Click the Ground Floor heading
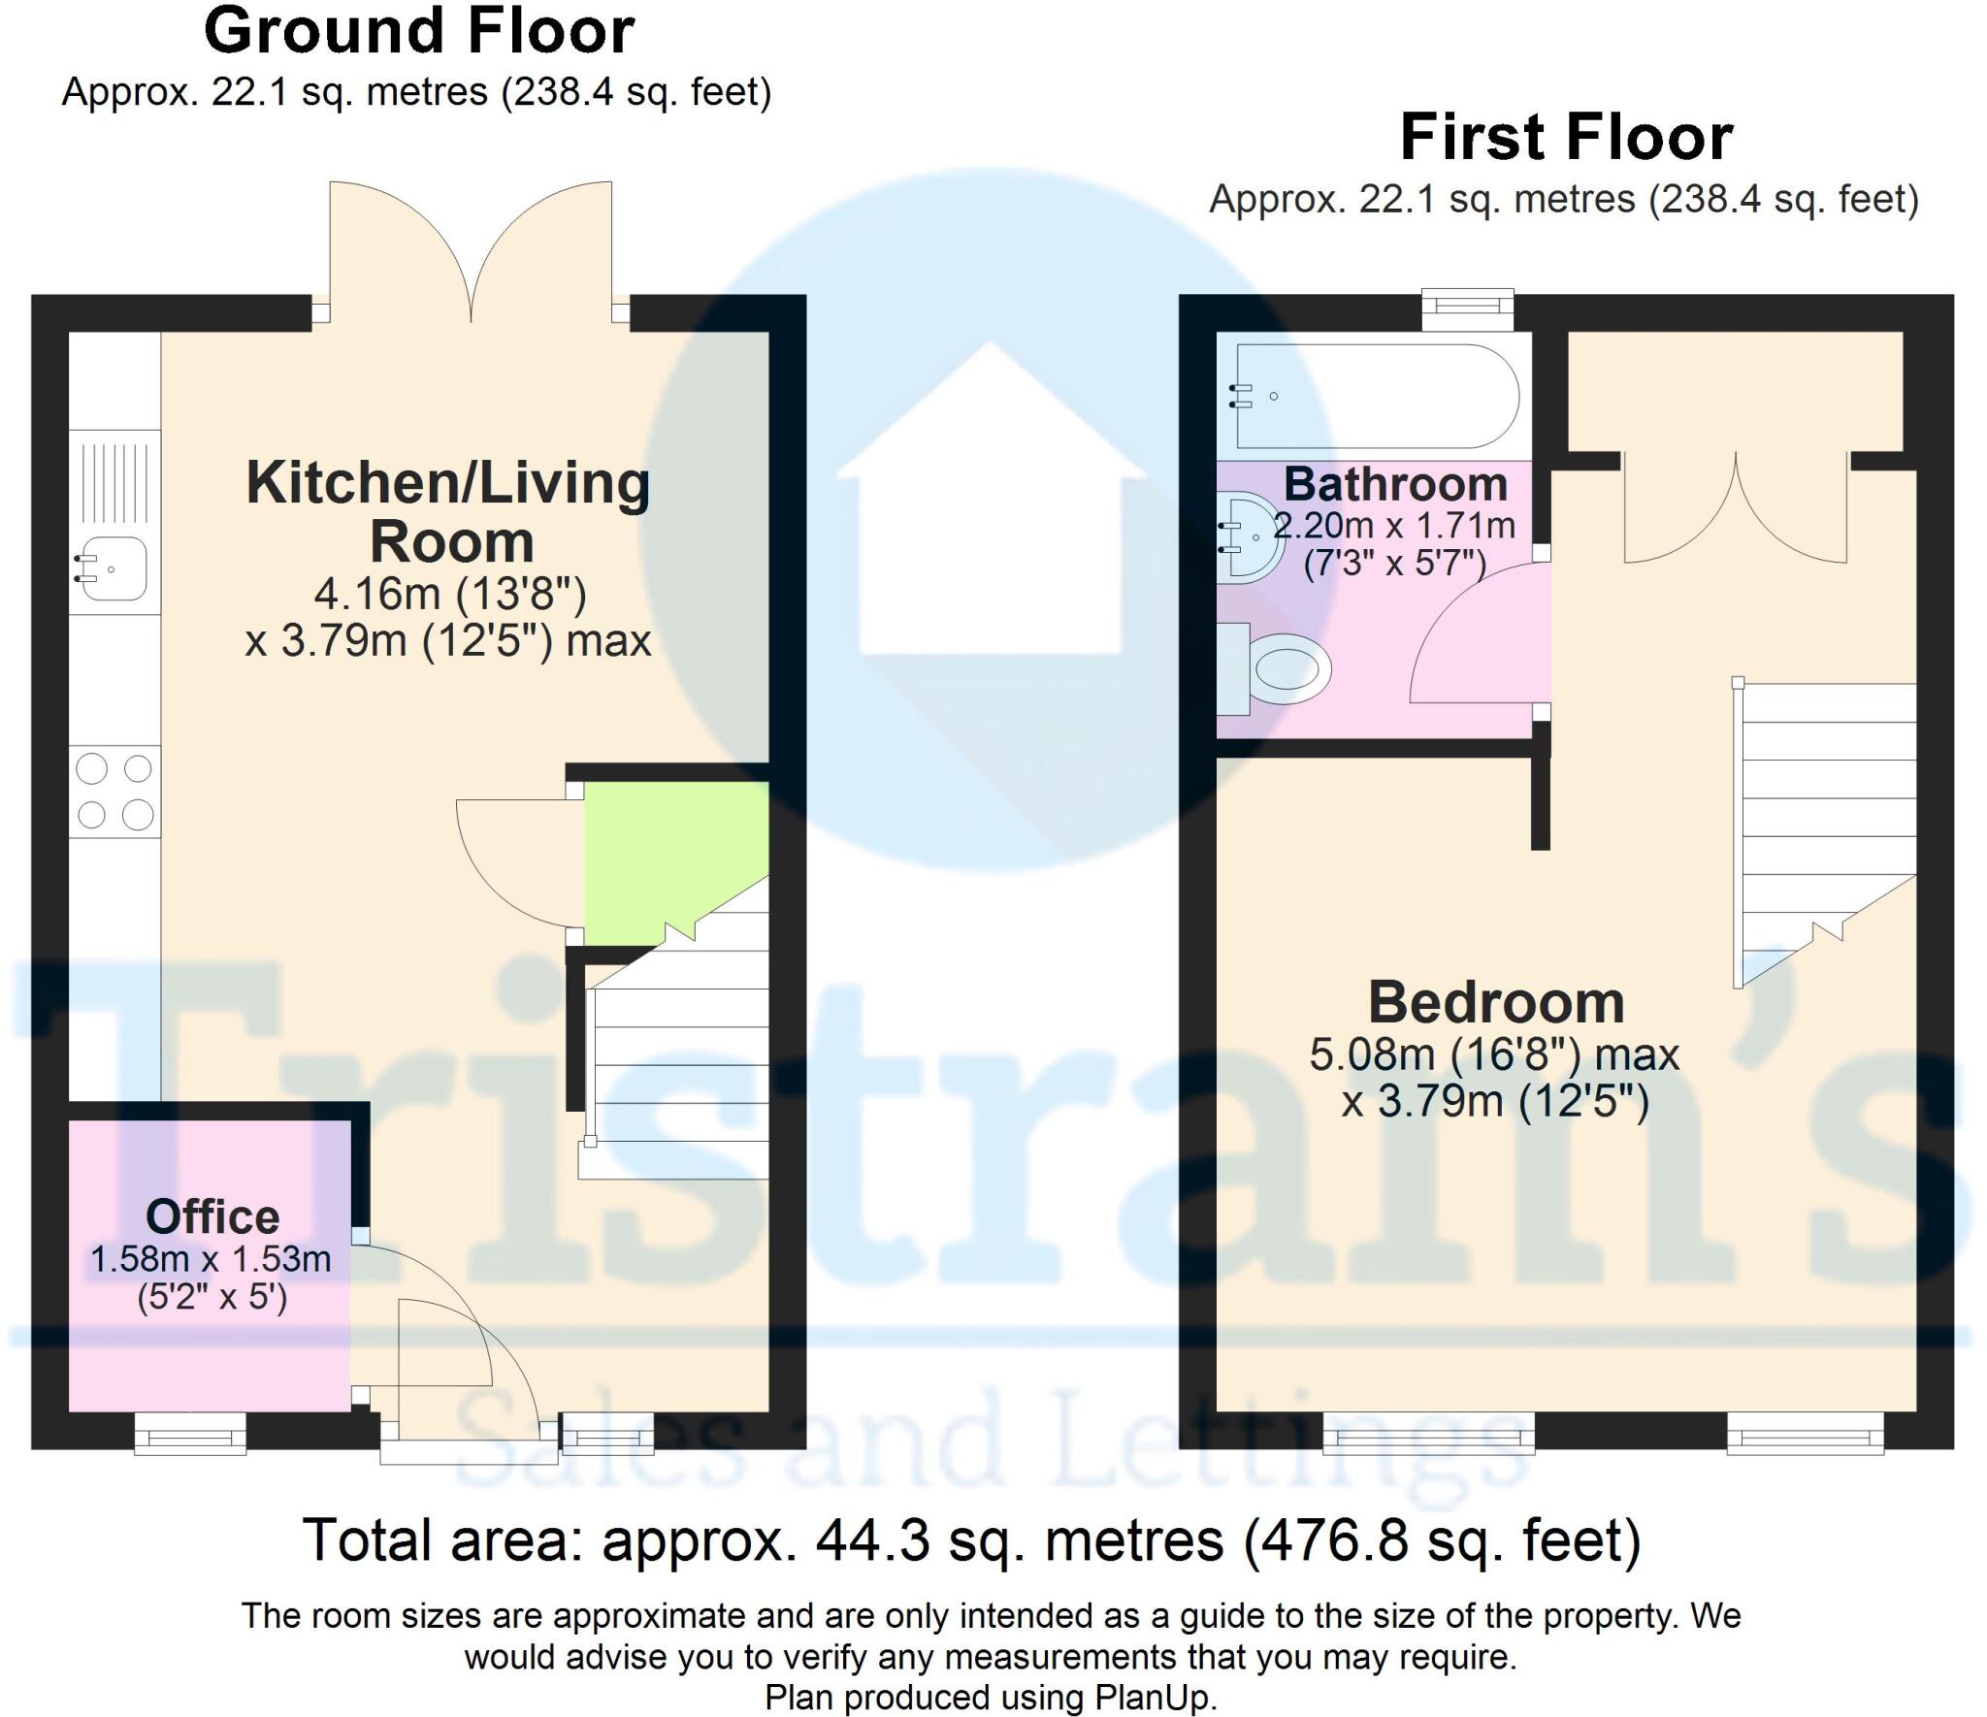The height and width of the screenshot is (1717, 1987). click(419, 31)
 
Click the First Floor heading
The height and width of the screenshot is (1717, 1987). click(1566, 138)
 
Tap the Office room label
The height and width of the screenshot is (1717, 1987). click(212, 1216)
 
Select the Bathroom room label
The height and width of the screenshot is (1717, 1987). click(1395, 484)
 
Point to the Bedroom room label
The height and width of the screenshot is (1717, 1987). click(1495, 1002)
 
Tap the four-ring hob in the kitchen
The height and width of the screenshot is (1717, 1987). click(114, 793)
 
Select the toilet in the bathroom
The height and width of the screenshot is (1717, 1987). click(1281, 668)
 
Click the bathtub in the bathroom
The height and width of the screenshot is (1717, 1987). click(1373, 396)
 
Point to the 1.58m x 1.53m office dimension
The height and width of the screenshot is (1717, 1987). click(211, 1259)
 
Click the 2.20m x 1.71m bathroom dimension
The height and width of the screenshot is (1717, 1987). click(1394, 526)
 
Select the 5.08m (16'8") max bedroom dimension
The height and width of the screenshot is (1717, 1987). click(1494, 1054)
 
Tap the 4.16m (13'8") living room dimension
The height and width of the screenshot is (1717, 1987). click(450, 594)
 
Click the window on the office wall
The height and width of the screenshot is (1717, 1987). click(190, 1434)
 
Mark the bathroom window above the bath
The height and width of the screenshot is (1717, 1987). click(1467, 308)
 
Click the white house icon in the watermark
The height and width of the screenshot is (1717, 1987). click(990, 504)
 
